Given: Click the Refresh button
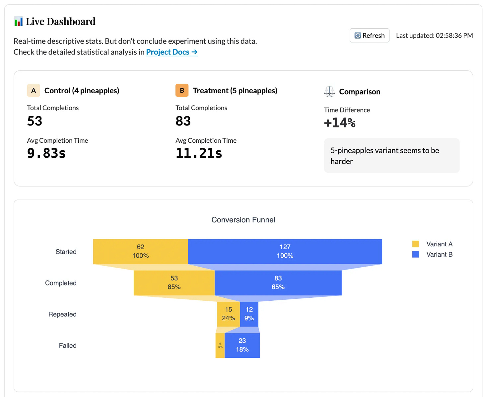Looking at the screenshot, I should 369,36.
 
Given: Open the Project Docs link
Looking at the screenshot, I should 172,52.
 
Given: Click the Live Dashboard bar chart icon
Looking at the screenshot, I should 19,22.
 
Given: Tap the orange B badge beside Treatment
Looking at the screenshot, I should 182,90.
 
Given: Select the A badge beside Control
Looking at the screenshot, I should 34,90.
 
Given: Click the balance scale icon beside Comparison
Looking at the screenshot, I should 329,91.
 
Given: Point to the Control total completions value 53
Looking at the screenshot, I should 35,121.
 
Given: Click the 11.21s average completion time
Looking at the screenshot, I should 199,153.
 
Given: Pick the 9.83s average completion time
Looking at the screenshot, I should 46,153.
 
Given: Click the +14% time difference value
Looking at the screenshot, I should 340,123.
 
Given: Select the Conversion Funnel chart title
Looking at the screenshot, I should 243,220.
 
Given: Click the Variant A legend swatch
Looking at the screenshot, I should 415,244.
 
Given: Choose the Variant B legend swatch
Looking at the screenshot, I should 415,254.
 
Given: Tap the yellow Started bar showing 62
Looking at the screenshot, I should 140,251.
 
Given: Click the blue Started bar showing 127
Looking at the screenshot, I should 285,251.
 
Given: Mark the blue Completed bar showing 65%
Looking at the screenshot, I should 278,283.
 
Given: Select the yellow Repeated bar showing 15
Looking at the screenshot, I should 228,314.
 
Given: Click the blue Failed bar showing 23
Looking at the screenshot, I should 242,345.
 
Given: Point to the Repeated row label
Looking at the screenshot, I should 62,314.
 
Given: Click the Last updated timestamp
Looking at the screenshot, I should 434,36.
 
